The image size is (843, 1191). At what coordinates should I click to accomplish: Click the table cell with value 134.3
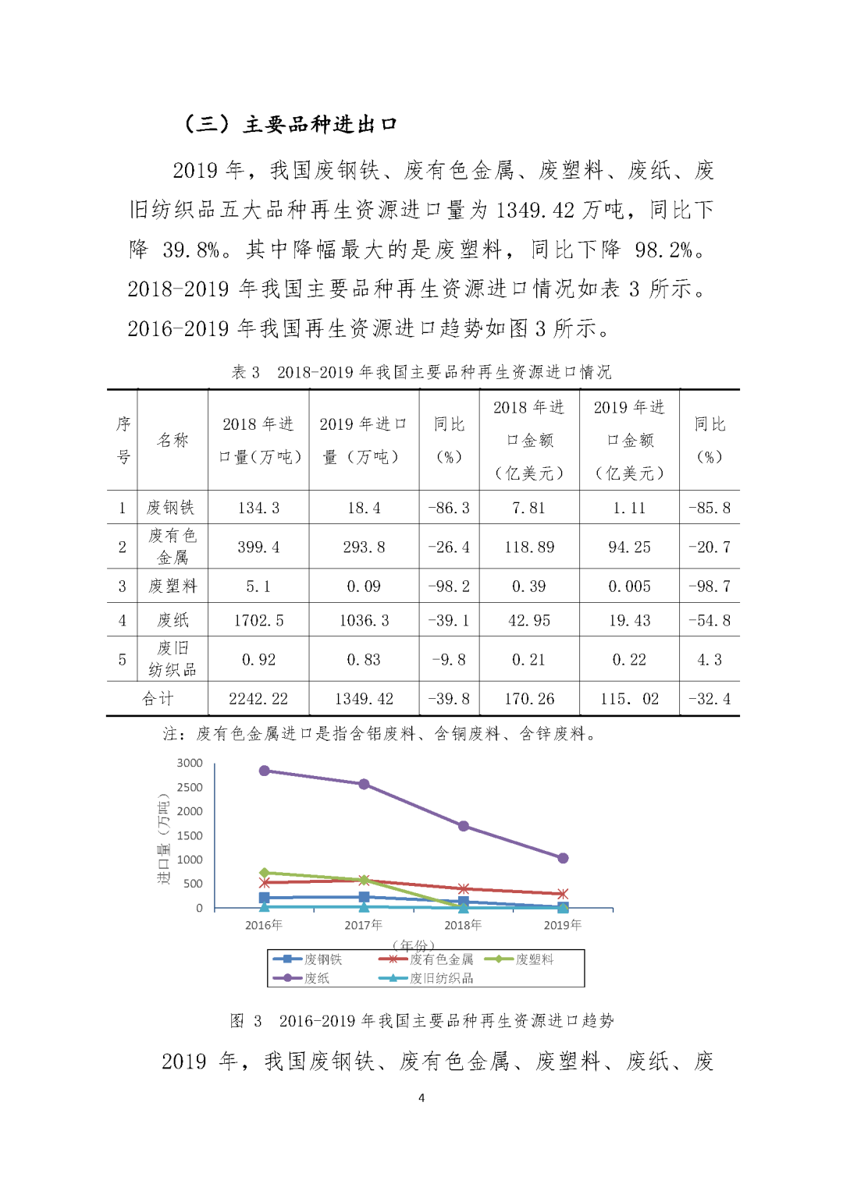pyautogui.click(x=258, y=508)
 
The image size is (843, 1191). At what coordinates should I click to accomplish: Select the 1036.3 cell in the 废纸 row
pyautogui.click(x=364, y=620)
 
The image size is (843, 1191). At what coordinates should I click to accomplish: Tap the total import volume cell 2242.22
pyautogui.click(x=258, y=699)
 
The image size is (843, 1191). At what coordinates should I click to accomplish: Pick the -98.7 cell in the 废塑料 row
pyautogui.click(x=710, y=587)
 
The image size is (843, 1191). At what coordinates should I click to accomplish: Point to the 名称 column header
pyautogui.click(x=173, y=440)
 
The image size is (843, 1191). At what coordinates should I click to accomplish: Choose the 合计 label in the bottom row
pyautogui.click(x=158, y=699)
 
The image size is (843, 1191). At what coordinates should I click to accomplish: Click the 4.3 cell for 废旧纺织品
pyautogui.click(x=710, y=660)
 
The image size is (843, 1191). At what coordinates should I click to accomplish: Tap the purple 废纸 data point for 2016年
pyautogui.click(x=265, y=771)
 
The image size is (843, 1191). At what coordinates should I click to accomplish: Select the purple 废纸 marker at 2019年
pyautogui.click(x=563, y=858)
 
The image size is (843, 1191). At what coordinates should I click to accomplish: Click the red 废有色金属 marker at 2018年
pyautogui.click(x=464, y=889)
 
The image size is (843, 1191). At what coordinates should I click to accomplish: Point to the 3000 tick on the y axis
pyautogui.click(x=190, y=763)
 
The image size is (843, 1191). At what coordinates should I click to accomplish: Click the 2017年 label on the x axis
pyautogui.click(x=364, y=925)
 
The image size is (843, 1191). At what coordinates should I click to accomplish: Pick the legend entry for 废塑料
pyautogui.click(x=534, y=959)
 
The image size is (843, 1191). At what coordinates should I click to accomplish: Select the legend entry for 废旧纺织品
pyautogui.click(x=441, y=978)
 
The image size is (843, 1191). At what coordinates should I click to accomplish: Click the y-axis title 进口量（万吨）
pyautogui.click(x=163, y=838)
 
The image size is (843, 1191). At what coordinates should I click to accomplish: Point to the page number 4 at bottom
pyautogui.click(x=421, y=1097)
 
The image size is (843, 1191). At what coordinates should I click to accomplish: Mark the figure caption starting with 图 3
pyautogui.click(x=421, y=1020)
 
